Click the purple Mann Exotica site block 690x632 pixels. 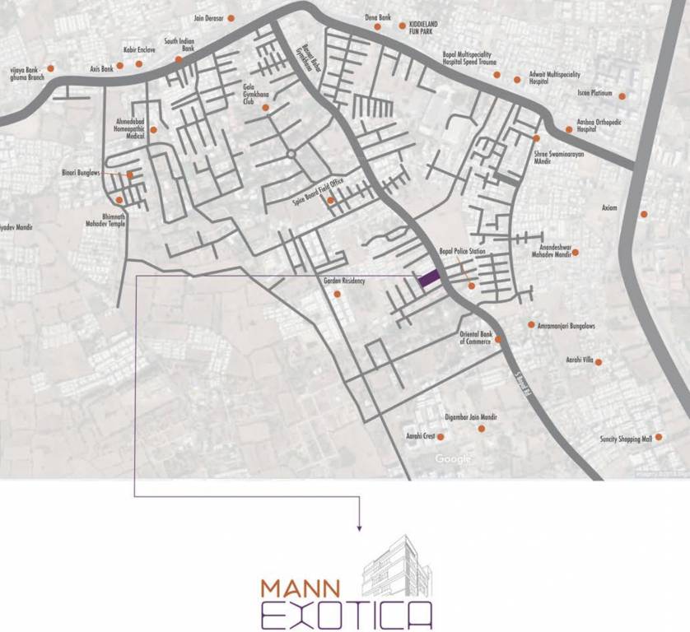point(428,278)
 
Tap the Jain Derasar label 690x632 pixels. point(209,17)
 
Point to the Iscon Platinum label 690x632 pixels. point(595,94)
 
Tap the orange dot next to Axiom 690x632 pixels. point(644,215)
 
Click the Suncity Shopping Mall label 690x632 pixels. point(626,439)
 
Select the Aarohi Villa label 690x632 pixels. point(578,361)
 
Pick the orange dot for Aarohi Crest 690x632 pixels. point(441,437)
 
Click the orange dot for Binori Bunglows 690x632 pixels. point(130,174)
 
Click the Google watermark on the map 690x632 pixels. point(454,458)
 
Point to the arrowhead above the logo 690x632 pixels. point(359,527)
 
